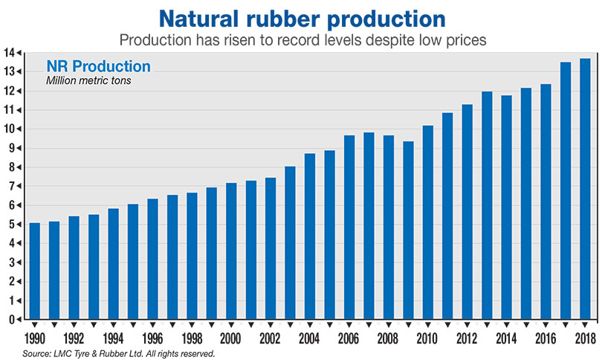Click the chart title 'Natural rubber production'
pos(302,17)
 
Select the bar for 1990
pos(35,271)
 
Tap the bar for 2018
pos(584,189)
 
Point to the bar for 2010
pos(427,222)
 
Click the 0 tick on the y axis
pos(13,320)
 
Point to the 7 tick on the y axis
pos(13,186)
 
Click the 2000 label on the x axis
pos(230,338)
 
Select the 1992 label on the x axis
pos(74,338)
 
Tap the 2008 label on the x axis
pos(388,338)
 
